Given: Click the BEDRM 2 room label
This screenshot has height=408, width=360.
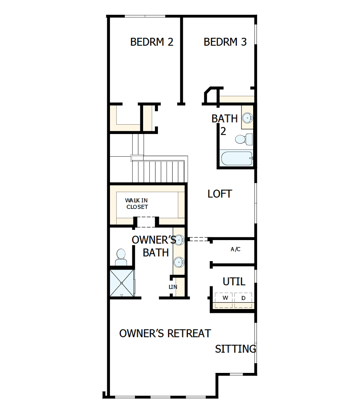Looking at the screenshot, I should click(x=152, y=42).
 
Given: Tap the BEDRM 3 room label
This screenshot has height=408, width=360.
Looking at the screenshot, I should click(x=225, y=42).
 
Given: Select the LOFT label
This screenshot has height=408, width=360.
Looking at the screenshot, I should click(x=220, y=194).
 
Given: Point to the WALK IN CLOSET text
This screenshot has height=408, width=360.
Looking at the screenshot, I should click(x=137, y=204).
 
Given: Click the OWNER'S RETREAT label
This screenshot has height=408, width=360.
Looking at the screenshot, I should click(x=165, y=334).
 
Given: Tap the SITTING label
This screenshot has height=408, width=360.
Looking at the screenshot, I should click(x=236, y=349).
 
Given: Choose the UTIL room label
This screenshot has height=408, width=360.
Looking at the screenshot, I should click(x=234, y=281).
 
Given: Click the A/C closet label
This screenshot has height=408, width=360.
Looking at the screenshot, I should click(x=236, y=249).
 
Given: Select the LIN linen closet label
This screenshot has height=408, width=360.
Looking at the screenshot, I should click(x=173, y=287).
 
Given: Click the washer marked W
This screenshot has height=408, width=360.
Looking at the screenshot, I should click(x=225, y=298).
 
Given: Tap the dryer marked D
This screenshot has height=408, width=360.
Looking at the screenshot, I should click(x=243, y=298).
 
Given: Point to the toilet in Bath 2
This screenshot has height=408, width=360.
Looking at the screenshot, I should click(x=243, y=139).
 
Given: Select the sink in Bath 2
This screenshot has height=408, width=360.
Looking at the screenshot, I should click(x=247, y=117).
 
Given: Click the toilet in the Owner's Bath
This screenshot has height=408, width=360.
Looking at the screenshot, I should click(x=121, y=257).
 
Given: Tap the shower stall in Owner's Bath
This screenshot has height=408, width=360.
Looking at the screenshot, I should click(x=122, y=283).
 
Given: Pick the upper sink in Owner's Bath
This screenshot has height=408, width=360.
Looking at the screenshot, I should click(x=179, y=240).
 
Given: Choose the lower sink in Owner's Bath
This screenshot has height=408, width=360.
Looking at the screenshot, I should click(x=179, y=262).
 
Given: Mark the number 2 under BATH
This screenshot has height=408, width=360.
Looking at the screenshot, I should click(x=223, y=131).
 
